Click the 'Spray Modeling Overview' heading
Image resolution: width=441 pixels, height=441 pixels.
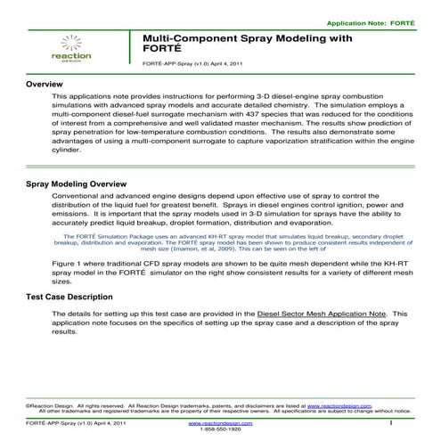[76, 183]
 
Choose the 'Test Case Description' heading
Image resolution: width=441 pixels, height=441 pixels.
[69, 296]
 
